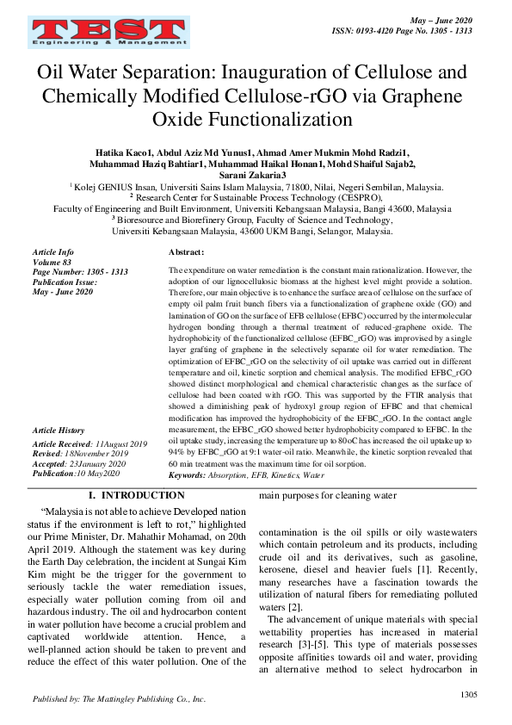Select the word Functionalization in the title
pyautogui.click(x=253, y=117)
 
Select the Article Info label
pyautogui.click(x=52, y=251)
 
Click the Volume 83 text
pyautogui.click(x=51, y=262)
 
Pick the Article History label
pyautogui.click(x=58, y=430)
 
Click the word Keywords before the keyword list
pyautogui.click(x=187, y=474)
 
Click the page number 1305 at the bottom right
pyautogui.click(x=469, y=693)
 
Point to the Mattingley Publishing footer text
pyautogui.click(x=120, y=699)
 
